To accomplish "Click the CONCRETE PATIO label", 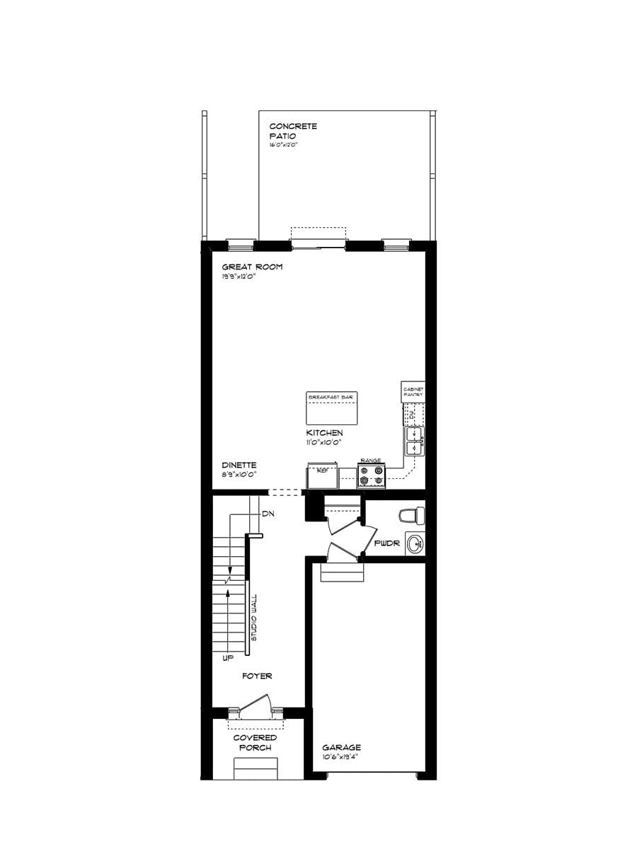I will [293, 131].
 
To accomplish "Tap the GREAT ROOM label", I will [252, 267].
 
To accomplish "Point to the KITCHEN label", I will [324, 432].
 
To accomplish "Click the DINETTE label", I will [239, 465].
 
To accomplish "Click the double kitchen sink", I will [413, 441].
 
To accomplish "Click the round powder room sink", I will [415, 543].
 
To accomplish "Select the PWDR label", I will [387, 544].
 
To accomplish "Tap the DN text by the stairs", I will [268, 513].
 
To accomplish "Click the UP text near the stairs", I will [228, 658].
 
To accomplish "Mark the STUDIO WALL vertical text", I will [254, 618].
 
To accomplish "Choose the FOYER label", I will [257, 676].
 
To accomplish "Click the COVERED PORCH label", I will [256, 743].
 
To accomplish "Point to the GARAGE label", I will [341, 747].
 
